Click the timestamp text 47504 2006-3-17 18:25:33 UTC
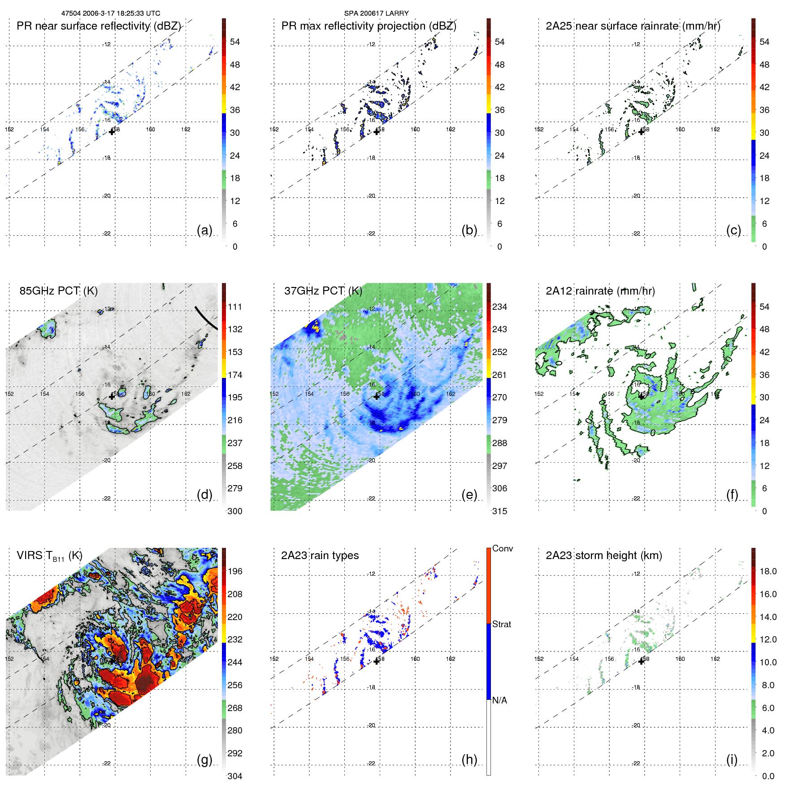[110, 13]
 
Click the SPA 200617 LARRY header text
[376, 13]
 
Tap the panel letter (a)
[204, 230]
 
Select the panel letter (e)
[469, 495]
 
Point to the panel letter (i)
[732, 759]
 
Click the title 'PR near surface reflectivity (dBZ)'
[99, 26]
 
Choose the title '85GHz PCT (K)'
[58, 291]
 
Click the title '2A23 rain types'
[320, 555]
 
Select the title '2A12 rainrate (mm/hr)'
[600, 291]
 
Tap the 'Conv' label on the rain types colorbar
[502, 548]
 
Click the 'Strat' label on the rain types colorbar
[501, 624]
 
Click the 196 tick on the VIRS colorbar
[234, 571]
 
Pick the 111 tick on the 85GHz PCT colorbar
[234, 307]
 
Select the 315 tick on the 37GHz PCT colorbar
[499, 511]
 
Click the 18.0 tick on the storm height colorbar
[768, 571]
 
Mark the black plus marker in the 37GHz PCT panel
[377, 396]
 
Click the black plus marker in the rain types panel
[377, 661]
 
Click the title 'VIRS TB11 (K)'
[49, 556]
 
